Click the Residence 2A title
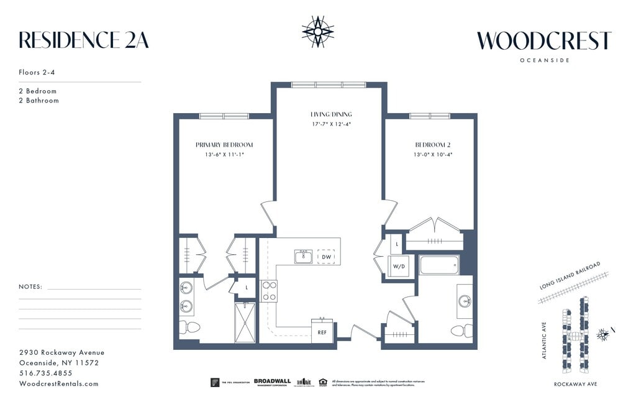84,40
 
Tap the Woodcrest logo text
544,40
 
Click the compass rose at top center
318,31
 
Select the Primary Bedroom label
224,145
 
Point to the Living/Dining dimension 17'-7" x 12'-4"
331,124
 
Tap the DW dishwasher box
326,256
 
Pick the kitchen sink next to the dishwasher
303,256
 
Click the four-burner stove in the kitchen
269,291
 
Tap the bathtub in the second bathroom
439,265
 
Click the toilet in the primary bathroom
190,327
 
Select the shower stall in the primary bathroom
245,323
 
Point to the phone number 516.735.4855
46,373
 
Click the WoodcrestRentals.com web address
59,383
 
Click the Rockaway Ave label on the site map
575,385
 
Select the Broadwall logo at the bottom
273,382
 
